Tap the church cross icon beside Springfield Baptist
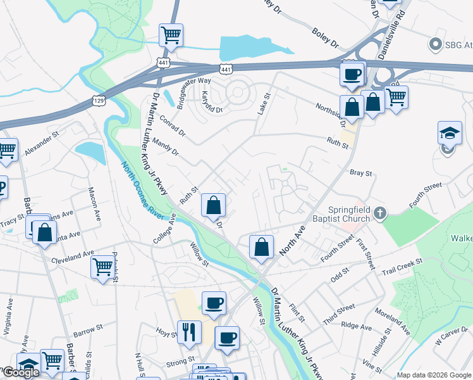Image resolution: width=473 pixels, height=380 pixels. [x=379, y=213]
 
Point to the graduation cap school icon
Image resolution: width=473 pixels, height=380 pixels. [x=449, y=134]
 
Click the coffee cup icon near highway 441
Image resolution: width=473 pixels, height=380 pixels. [x=352, y=73]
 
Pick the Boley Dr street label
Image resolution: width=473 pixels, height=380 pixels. [x=325, y=36]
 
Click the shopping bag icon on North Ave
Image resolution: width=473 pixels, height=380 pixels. [x=261, y=248]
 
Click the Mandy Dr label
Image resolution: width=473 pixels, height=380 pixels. [x=166, y=149]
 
